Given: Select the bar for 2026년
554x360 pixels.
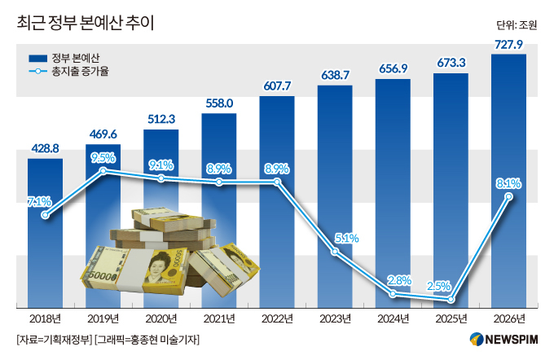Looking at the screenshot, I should click(508, 179).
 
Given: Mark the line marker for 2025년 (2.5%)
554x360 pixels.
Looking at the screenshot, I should click(451, 299).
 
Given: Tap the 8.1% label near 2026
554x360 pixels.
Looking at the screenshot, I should click(508, 183).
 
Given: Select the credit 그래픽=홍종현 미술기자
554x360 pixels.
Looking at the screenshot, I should click(147, 339).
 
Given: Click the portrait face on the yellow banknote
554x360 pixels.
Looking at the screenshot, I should click(159, 268).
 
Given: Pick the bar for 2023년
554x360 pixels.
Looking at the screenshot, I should click(335, 195).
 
